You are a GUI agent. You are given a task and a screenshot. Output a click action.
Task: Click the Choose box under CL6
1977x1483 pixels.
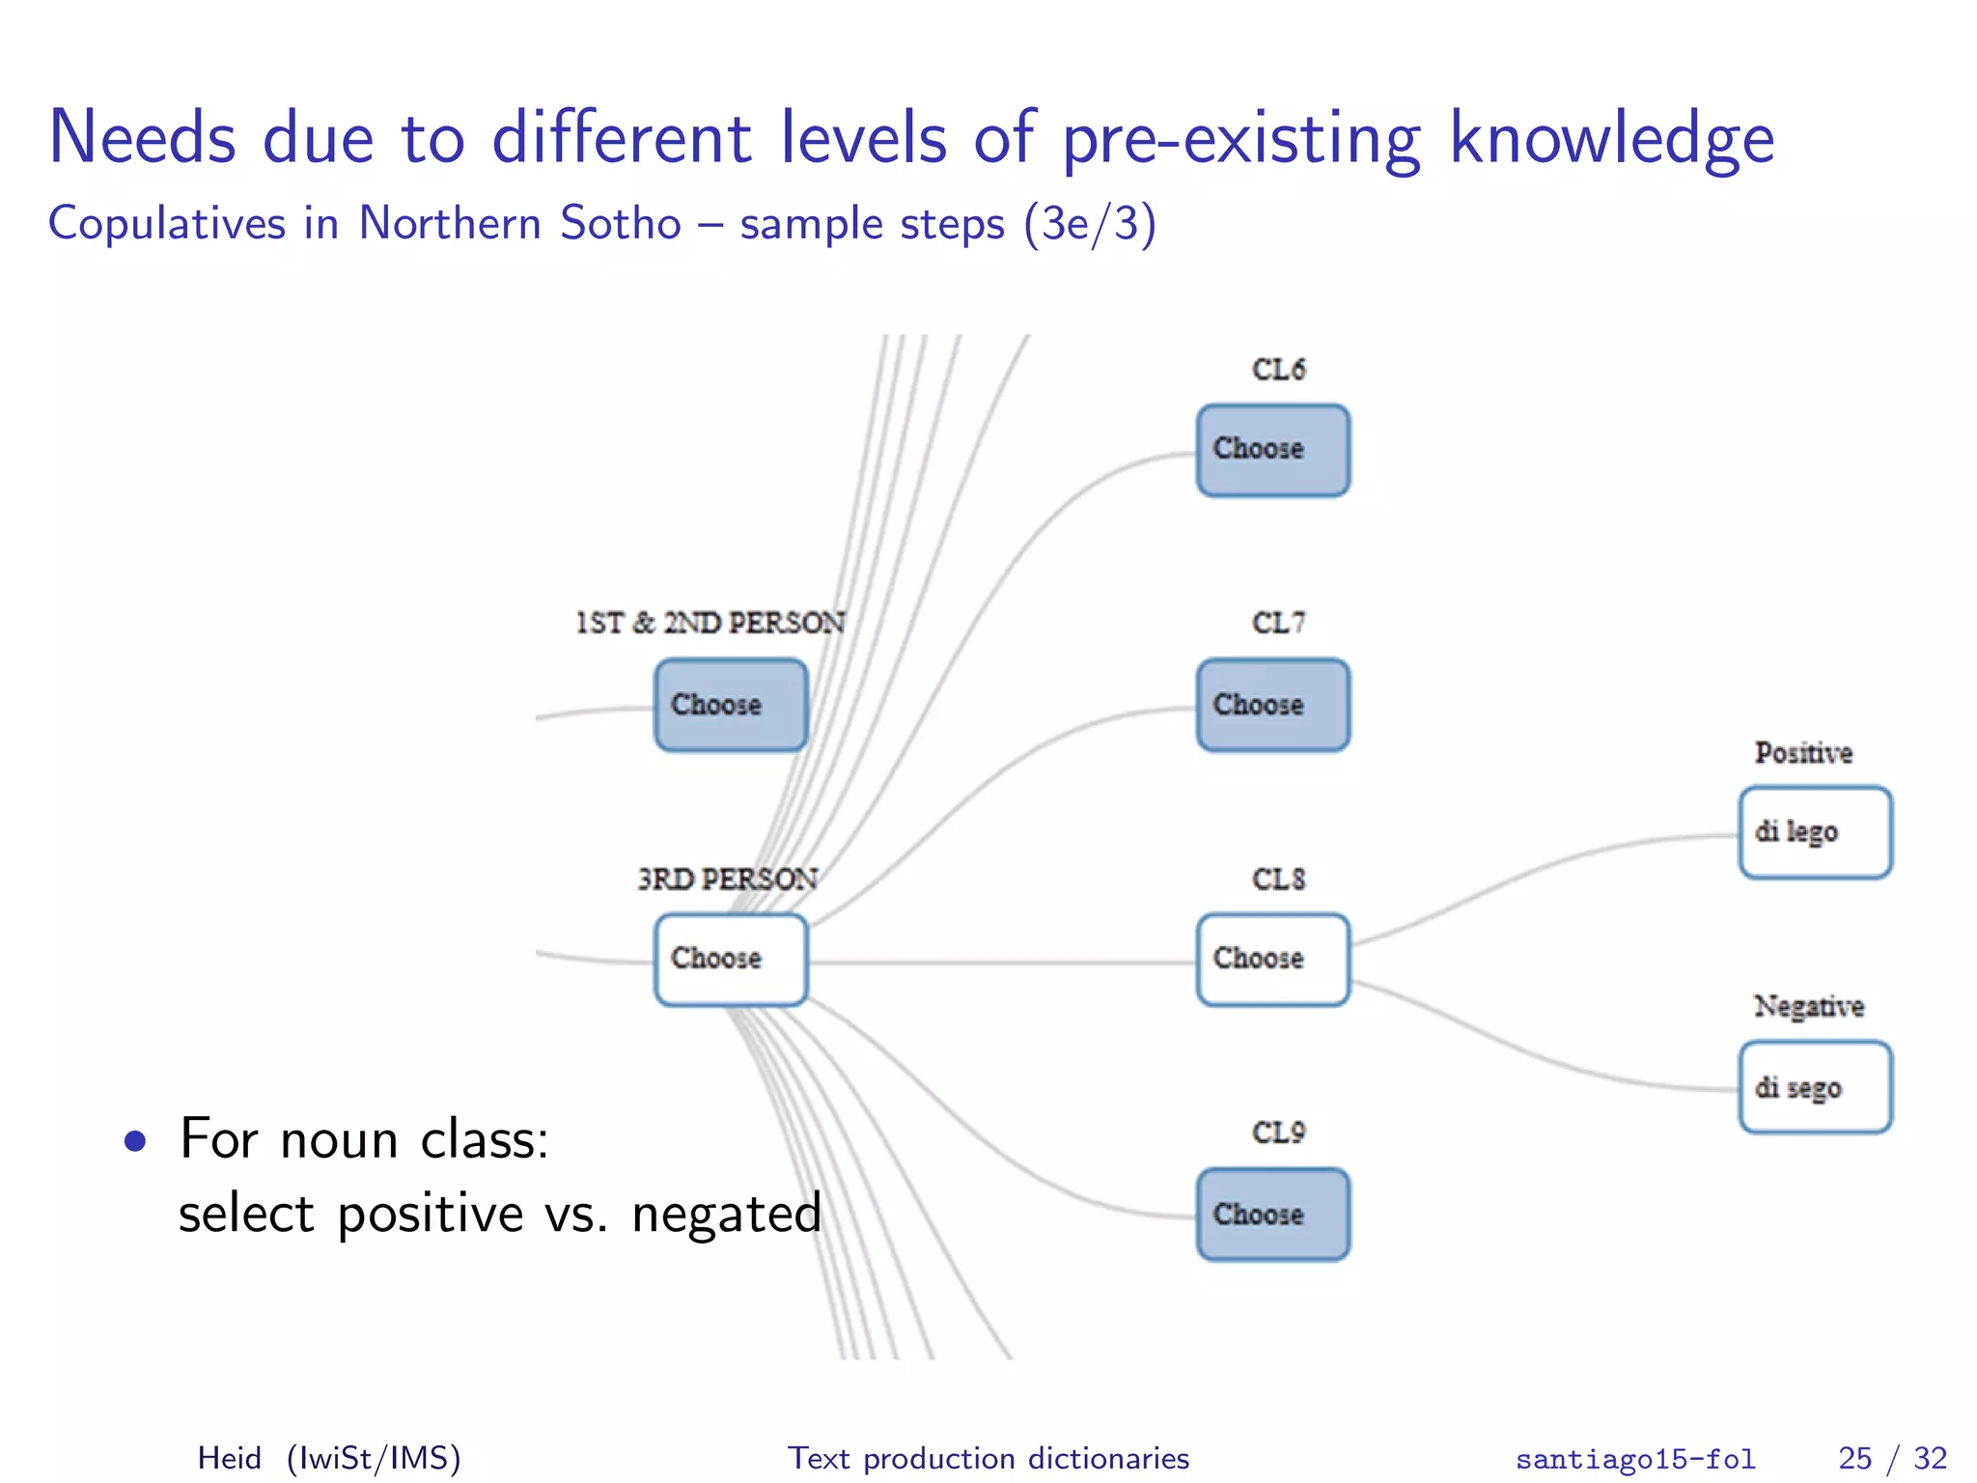(1272, 450)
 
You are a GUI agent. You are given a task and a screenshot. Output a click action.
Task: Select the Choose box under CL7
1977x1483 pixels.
(1272, 705)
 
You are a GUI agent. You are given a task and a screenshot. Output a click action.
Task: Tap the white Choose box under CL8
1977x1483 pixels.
(1272, 960)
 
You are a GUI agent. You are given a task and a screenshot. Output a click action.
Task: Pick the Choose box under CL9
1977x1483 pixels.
(1272, 1215)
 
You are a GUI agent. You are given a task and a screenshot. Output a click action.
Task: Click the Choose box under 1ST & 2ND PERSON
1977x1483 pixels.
(730, 705)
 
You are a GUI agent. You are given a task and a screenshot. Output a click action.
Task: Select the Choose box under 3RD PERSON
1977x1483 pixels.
(730, 960)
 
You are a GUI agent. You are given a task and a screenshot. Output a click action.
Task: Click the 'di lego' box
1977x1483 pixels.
(1815, 832)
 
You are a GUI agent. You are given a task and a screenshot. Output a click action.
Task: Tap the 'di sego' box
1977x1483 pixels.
(1815, 1087)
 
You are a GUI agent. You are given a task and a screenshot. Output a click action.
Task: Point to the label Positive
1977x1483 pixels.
(1803, 753)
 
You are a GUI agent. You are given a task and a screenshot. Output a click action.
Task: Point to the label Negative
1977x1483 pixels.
(1808, 1006)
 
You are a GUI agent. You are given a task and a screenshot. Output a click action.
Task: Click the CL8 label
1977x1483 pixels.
(1278, 879)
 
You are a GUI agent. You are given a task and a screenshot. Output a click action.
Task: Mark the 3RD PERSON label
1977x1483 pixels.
(728, 879)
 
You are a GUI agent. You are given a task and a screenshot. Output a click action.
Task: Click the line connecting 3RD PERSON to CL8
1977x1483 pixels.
(1004, 963)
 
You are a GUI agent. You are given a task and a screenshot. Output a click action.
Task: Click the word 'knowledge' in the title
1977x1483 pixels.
(1611, 139)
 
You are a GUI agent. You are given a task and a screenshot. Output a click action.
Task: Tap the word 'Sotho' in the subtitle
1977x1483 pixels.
(621, 224)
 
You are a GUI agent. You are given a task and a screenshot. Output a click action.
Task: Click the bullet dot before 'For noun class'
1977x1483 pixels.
(135, 1142)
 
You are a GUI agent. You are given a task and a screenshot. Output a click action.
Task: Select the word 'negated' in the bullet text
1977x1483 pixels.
(726, 1215)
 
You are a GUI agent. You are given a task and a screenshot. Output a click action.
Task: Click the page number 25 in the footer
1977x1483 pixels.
(1854, 1458)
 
